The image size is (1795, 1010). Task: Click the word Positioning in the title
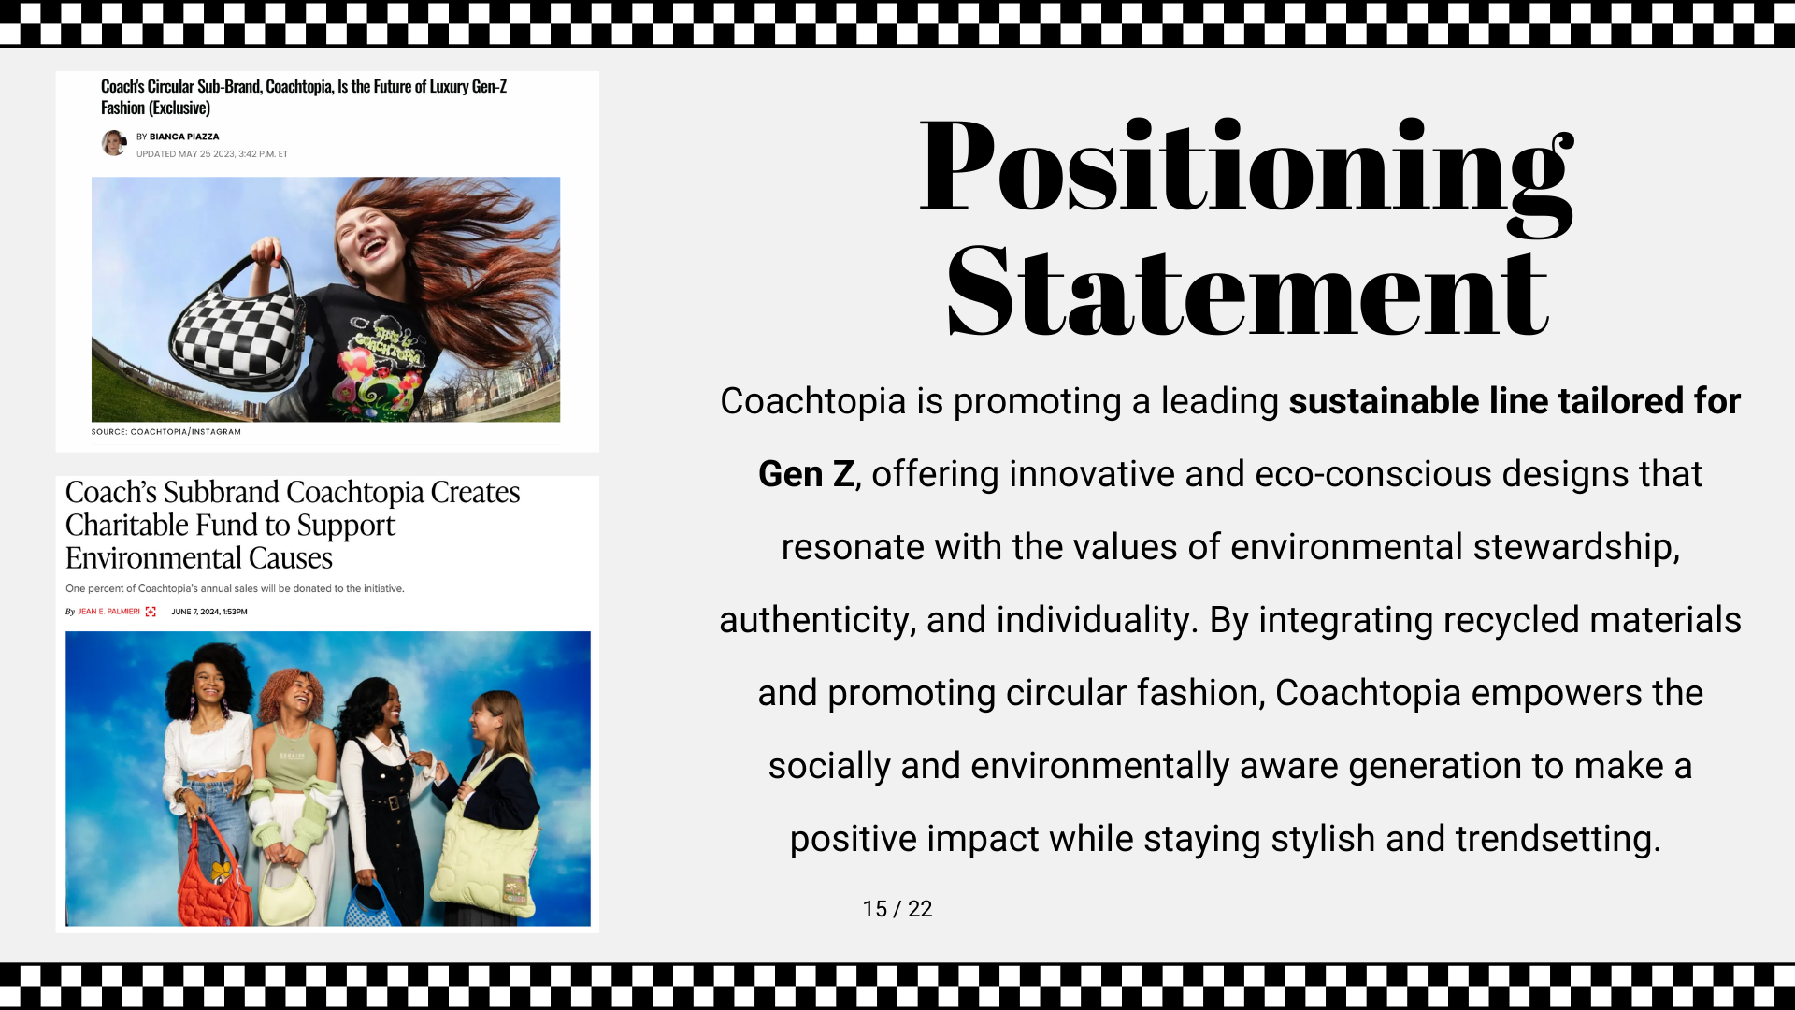1247,174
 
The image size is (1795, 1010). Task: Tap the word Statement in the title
1248,291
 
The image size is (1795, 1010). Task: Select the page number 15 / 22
897,909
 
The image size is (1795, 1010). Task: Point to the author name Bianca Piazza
184,137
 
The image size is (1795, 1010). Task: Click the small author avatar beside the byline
114,142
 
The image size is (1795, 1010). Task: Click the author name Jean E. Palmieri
108,612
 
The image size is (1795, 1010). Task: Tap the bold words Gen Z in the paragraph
806,474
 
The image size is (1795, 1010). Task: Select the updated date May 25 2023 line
212,154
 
